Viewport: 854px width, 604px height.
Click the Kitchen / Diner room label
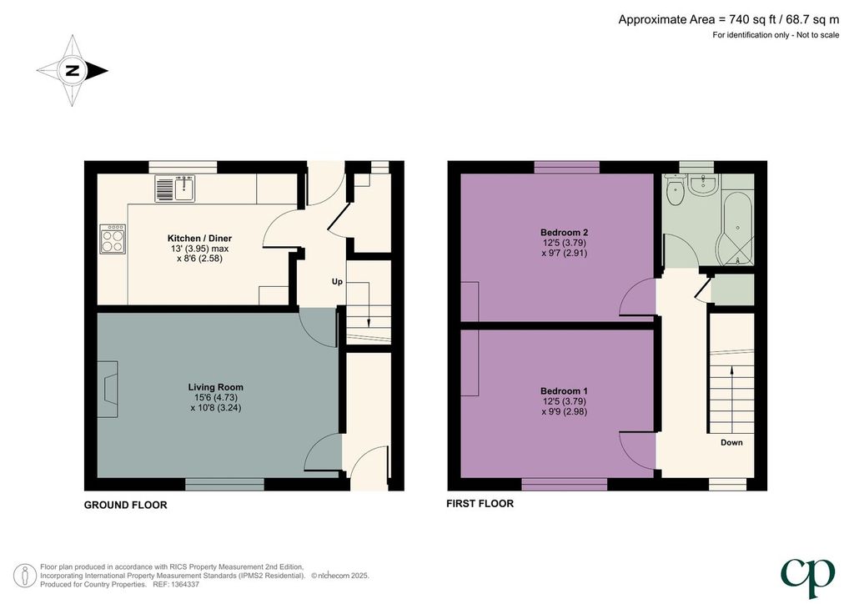[x=199, y=238]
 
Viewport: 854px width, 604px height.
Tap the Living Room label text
[x=216, y=387]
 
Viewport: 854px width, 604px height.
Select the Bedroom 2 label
[x=565, y=233]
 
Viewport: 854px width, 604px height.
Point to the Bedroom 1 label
[x=565, y=391]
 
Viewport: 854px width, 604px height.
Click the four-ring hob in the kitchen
[x=113, y=239]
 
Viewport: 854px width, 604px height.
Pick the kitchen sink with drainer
[x=175, y=188]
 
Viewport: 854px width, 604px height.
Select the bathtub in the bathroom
[x=738, y=227]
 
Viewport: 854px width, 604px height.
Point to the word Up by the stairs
[x=337, y=282]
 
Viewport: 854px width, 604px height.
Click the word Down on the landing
[x=731, y=442]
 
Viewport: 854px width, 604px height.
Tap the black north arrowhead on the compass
[x=98, y=70]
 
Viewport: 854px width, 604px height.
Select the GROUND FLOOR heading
[x=125, y=505]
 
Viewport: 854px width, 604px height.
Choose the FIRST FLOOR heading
[x=480, y=504]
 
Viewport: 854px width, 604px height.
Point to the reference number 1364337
[x=184, y=584]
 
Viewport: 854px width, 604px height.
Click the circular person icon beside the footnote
[x=24, y=576]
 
